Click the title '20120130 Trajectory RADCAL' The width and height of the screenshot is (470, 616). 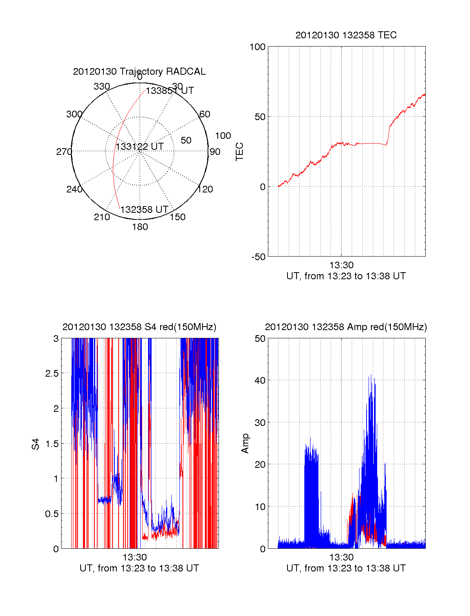tap(139, 72)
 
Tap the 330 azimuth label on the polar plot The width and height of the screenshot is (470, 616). tap(102, 86)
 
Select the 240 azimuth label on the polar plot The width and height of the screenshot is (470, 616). tap(74, 189)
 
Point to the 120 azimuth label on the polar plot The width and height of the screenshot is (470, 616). tap(205, 189)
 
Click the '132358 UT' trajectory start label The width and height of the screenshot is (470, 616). tap(144, 210)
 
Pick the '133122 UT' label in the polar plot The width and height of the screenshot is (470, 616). tap(139, 147)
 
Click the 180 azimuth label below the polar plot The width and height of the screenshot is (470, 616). tap(140, 227)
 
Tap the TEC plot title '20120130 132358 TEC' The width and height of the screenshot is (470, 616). tap(346, 35)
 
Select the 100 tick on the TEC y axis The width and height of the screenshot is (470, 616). tap(257, 47)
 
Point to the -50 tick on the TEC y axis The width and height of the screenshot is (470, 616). tap(258, 257)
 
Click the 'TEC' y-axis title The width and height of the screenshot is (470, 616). tap(240, 152)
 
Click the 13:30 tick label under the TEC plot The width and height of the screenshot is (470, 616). tap(341, 266)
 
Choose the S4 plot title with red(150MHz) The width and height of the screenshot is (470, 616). tap(139, 327)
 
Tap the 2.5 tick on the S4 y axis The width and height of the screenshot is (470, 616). tap(52, 374)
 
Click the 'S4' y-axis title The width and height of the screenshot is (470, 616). tap(36, 444)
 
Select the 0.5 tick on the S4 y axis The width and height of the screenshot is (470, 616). tap(52, 514)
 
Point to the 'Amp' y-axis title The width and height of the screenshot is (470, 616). tap(245, 444)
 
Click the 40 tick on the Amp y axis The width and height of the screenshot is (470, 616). tap(260, 381)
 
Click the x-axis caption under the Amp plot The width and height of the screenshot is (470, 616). tap(346, 568)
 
